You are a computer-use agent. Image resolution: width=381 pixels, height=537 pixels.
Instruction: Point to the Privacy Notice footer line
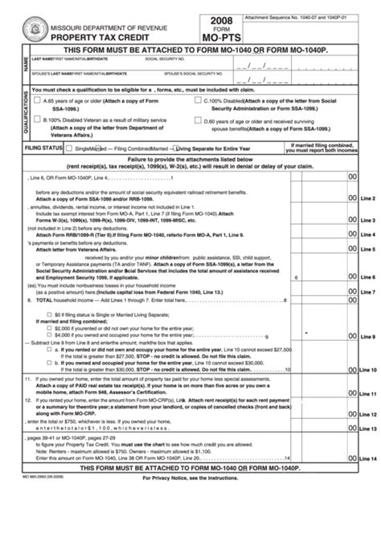pyautogui.click(x=190, y=501)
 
